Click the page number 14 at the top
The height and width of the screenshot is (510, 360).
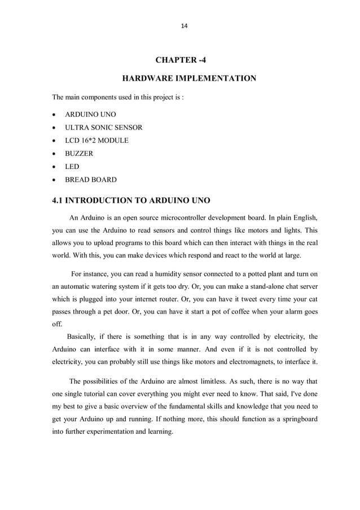pyautogui.click(x=183, y=26)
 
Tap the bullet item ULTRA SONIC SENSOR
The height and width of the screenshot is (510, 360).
pyautogui.click(x=104, y=127)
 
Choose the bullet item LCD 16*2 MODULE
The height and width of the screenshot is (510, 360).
pyautogui.click(x=96, y=140)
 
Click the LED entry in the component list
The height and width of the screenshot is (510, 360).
pyautogui.click(x=72, y=166)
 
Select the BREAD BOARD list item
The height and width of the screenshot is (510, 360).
pyautogui.click(x=91, y=180)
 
